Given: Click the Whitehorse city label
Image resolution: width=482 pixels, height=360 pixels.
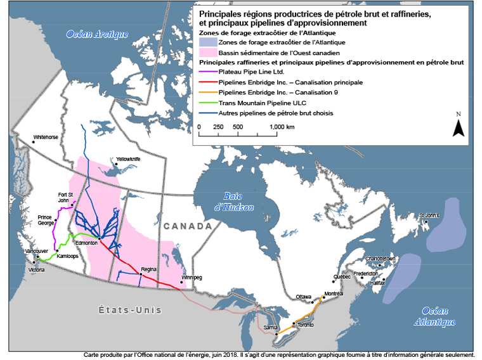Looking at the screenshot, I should tap(46, 136).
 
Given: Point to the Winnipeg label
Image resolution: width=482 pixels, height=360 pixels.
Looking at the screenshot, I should tap(191, 278).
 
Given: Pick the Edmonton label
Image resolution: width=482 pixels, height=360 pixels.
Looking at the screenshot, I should tap(86, 243).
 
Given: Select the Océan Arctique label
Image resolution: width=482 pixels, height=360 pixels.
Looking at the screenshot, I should tap(98, 34).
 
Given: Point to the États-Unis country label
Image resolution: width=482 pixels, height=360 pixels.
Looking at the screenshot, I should tap(130, 310).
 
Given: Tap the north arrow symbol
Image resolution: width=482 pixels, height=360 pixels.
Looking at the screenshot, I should tap(458, 126).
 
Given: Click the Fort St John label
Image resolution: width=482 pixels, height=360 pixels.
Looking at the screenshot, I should tap(66, 197).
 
